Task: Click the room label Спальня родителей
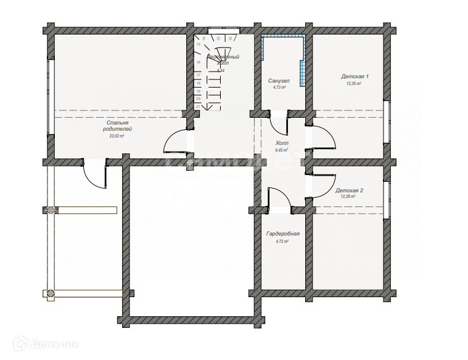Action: (117, 126)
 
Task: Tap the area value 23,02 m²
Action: (117, 136)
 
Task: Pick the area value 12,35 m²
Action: (353, 83)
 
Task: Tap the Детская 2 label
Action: (349, 191)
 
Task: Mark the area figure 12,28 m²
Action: (349, 197)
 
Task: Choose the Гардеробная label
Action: (282, 234)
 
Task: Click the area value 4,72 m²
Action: (282, 241)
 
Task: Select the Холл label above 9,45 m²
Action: (282, 142)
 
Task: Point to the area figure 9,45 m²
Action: (282, 149)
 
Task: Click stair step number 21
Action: (198, 106)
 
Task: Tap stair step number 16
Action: (198, 62)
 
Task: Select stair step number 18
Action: (198, 83)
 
